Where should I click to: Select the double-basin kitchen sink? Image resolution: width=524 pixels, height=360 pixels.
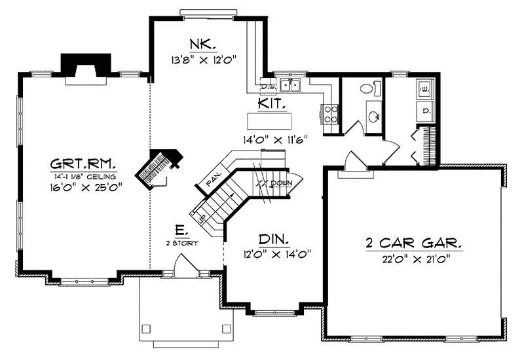tap(290, 84)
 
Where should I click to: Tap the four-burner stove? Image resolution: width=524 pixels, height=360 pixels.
tap(330, 114)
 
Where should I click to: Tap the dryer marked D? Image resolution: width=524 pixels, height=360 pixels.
tap(425, 111)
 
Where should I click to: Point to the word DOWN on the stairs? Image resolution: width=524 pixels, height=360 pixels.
tap(278, 183)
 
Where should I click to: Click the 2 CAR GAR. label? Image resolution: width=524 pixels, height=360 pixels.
tap(413, 243)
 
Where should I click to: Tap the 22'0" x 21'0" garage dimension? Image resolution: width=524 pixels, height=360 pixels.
tap(413, 257)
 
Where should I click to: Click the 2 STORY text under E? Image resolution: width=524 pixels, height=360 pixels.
tap(183, 242)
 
